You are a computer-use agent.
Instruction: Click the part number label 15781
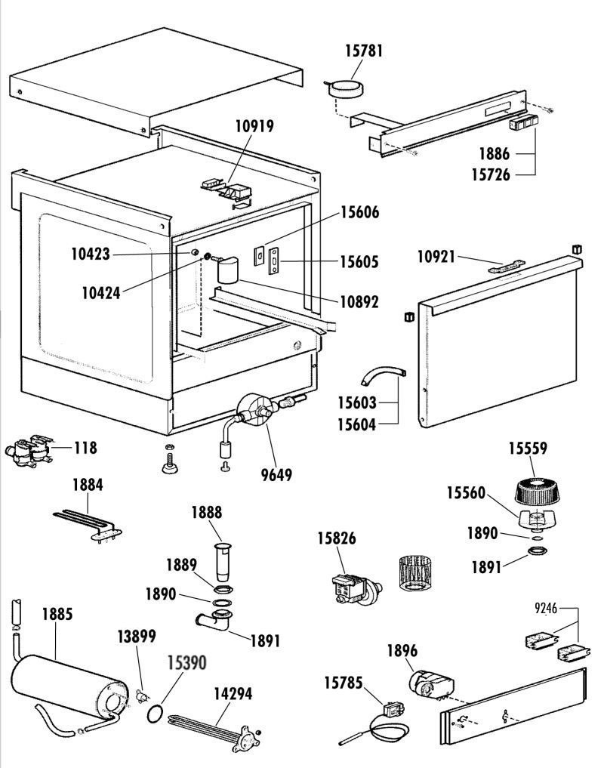click(x=364, y=51)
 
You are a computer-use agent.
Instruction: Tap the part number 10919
click(x=254, y=127)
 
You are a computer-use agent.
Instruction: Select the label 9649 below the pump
click(x=277, y=474)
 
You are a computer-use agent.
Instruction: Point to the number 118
click(x=85, y=448)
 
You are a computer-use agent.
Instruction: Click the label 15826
click(x=336, y=538)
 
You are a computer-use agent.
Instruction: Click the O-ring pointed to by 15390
click(x=155, y=712)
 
